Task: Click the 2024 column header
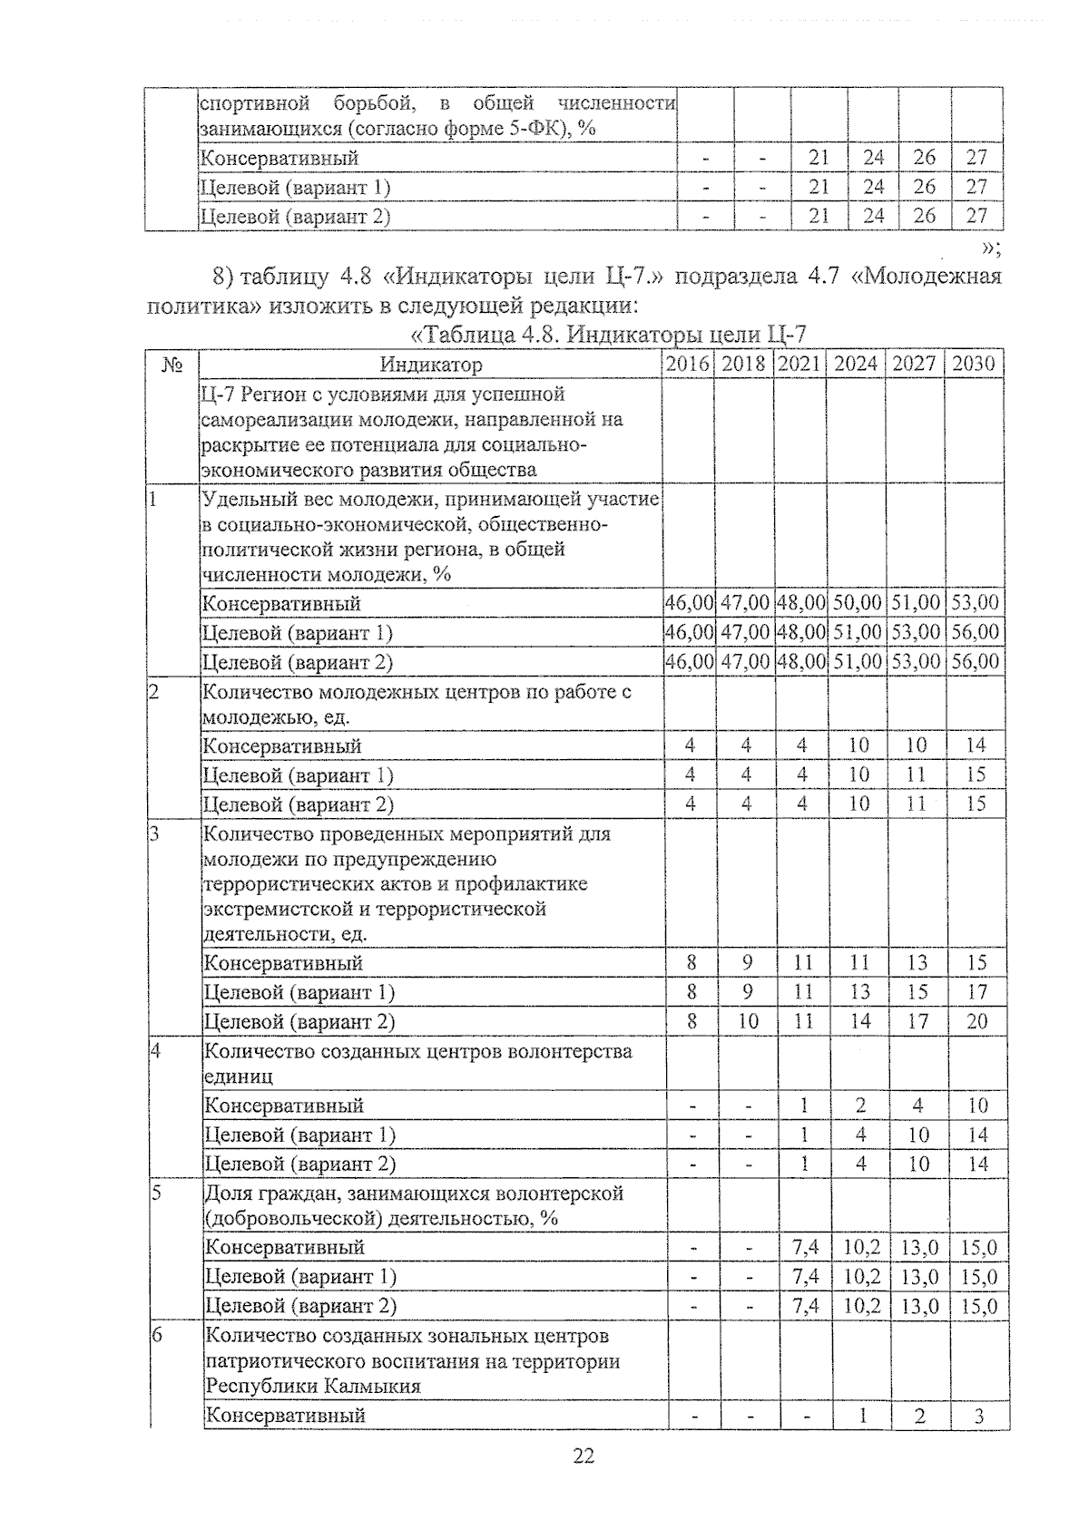coord(856,365)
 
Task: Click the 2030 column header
coord(974,365)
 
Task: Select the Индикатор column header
coord(431,365)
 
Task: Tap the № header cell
coord(172,365)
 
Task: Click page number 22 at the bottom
coord(584,1456)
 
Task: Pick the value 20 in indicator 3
coord(976,1021)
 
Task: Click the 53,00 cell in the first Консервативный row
coord(975,603)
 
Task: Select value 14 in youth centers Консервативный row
coord(976,745)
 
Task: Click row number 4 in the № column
coord(155,1051)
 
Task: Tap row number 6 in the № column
coord(156,1335)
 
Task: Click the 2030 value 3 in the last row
coord(979,1416)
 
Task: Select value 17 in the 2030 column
coord(976,992)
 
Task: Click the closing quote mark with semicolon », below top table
coord(991,248)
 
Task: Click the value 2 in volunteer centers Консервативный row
coord(860,1106)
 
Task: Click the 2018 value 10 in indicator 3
coord(746,1021)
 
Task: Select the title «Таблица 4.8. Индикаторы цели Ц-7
coord(608,335)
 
